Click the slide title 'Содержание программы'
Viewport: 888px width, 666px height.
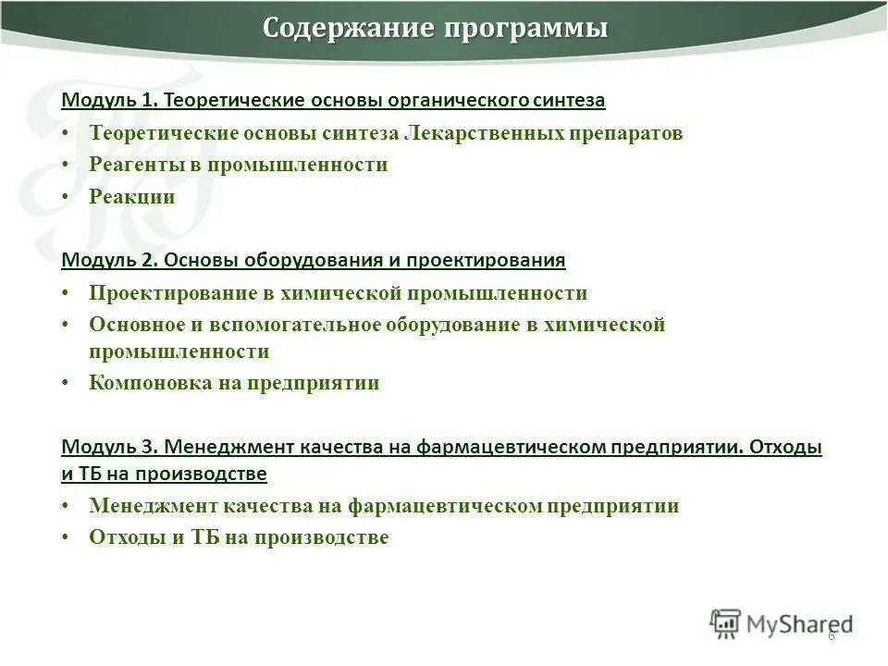pyautogui.click(x=436, y=29)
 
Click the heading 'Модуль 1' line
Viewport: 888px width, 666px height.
pyautogui.click(x=333, y=99)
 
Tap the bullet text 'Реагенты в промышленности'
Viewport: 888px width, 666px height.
pyautogui.click(x=239, y=165)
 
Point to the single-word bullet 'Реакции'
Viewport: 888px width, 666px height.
pyautogui.click(x=132, y=197)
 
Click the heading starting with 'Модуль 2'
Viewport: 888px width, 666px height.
pyautogui.click(x=313, y=260)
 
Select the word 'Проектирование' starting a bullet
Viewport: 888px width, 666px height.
pyautogui.click(x=159, y=293)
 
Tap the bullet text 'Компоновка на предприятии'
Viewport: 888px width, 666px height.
pyautogui.click(x=234, y=383)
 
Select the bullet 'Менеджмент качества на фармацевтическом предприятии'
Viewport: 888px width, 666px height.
pyautogui.click(x=384, y=506)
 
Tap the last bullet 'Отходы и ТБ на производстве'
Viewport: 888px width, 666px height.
pyautogui.click(x=239, y=537)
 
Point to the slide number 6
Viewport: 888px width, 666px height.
pyautogui.click(x=832, y=636)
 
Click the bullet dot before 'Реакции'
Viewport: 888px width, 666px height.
pyautogui.click(x=67, y=198)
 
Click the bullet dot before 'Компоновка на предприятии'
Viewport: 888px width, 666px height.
pyautogui.click(x=67, y=384)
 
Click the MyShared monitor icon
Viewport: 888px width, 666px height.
pyautogui.click(x=725, y=623)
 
